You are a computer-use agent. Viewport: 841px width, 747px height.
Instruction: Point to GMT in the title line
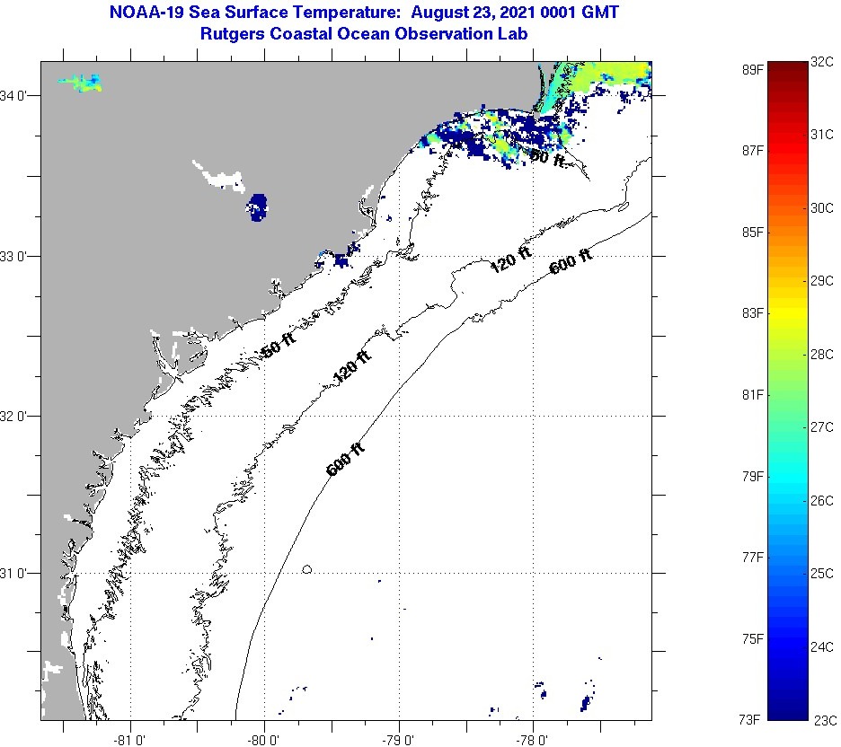[x=600, y=13]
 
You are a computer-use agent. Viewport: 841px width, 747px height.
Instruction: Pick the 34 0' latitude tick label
[x=19, y=96]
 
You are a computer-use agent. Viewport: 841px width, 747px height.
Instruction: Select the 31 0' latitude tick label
[x=19, y=573]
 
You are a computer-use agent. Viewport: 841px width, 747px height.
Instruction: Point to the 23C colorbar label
[x=824, y=719]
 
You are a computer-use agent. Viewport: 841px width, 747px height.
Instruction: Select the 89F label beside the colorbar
[x=753, y=69]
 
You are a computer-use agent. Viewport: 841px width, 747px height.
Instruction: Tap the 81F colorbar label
[x=753, y=395]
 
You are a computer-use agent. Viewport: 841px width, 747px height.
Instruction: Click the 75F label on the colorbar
[x=753, y=638]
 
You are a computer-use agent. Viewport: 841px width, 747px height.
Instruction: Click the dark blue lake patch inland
[x=259, y=206]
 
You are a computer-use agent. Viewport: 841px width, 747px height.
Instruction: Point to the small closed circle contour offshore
[x=307, y=568]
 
